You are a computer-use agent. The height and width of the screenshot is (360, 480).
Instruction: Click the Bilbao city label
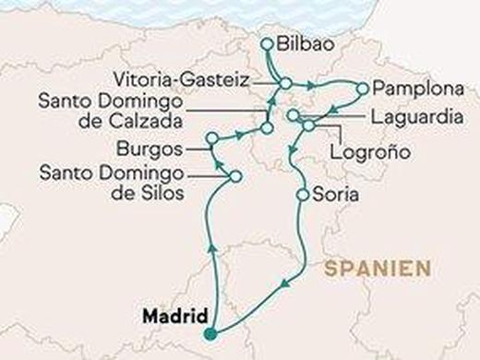tap(308, 42)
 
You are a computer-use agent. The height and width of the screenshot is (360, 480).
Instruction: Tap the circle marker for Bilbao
tap(268, 42)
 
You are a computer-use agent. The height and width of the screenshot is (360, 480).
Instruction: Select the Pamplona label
tap(409, 90)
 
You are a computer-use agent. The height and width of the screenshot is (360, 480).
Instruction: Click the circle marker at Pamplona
tap(362, 89)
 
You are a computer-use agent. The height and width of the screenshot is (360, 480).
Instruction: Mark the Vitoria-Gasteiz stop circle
tap(285, 84)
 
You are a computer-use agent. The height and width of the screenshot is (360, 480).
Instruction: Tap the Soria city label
tap(336, 196)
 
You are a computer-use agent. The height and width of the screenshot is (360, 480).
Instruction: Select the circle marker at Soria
tap(302, 196)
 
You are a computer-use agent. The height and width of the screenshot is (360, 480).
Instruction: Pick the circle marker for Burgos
tap(211, 138)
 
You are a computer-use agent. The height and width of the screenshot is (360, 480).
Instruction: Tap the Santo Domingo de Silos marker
tap(235, 175)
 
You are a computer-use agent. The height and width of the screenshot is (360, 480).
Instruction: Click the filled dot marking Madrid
tap(212, 333)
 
